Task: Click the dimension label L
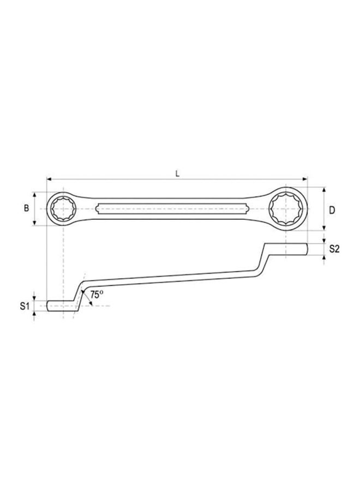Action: coord(177,173)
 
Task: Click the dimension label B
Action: coord(26,208)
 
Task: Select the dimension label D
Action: coord(332,209)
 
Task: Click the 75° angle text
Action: coord(97,294)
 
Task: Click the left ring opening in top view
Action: coord(64,208)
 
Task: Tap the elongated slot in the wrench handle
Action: coord(172,208)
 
